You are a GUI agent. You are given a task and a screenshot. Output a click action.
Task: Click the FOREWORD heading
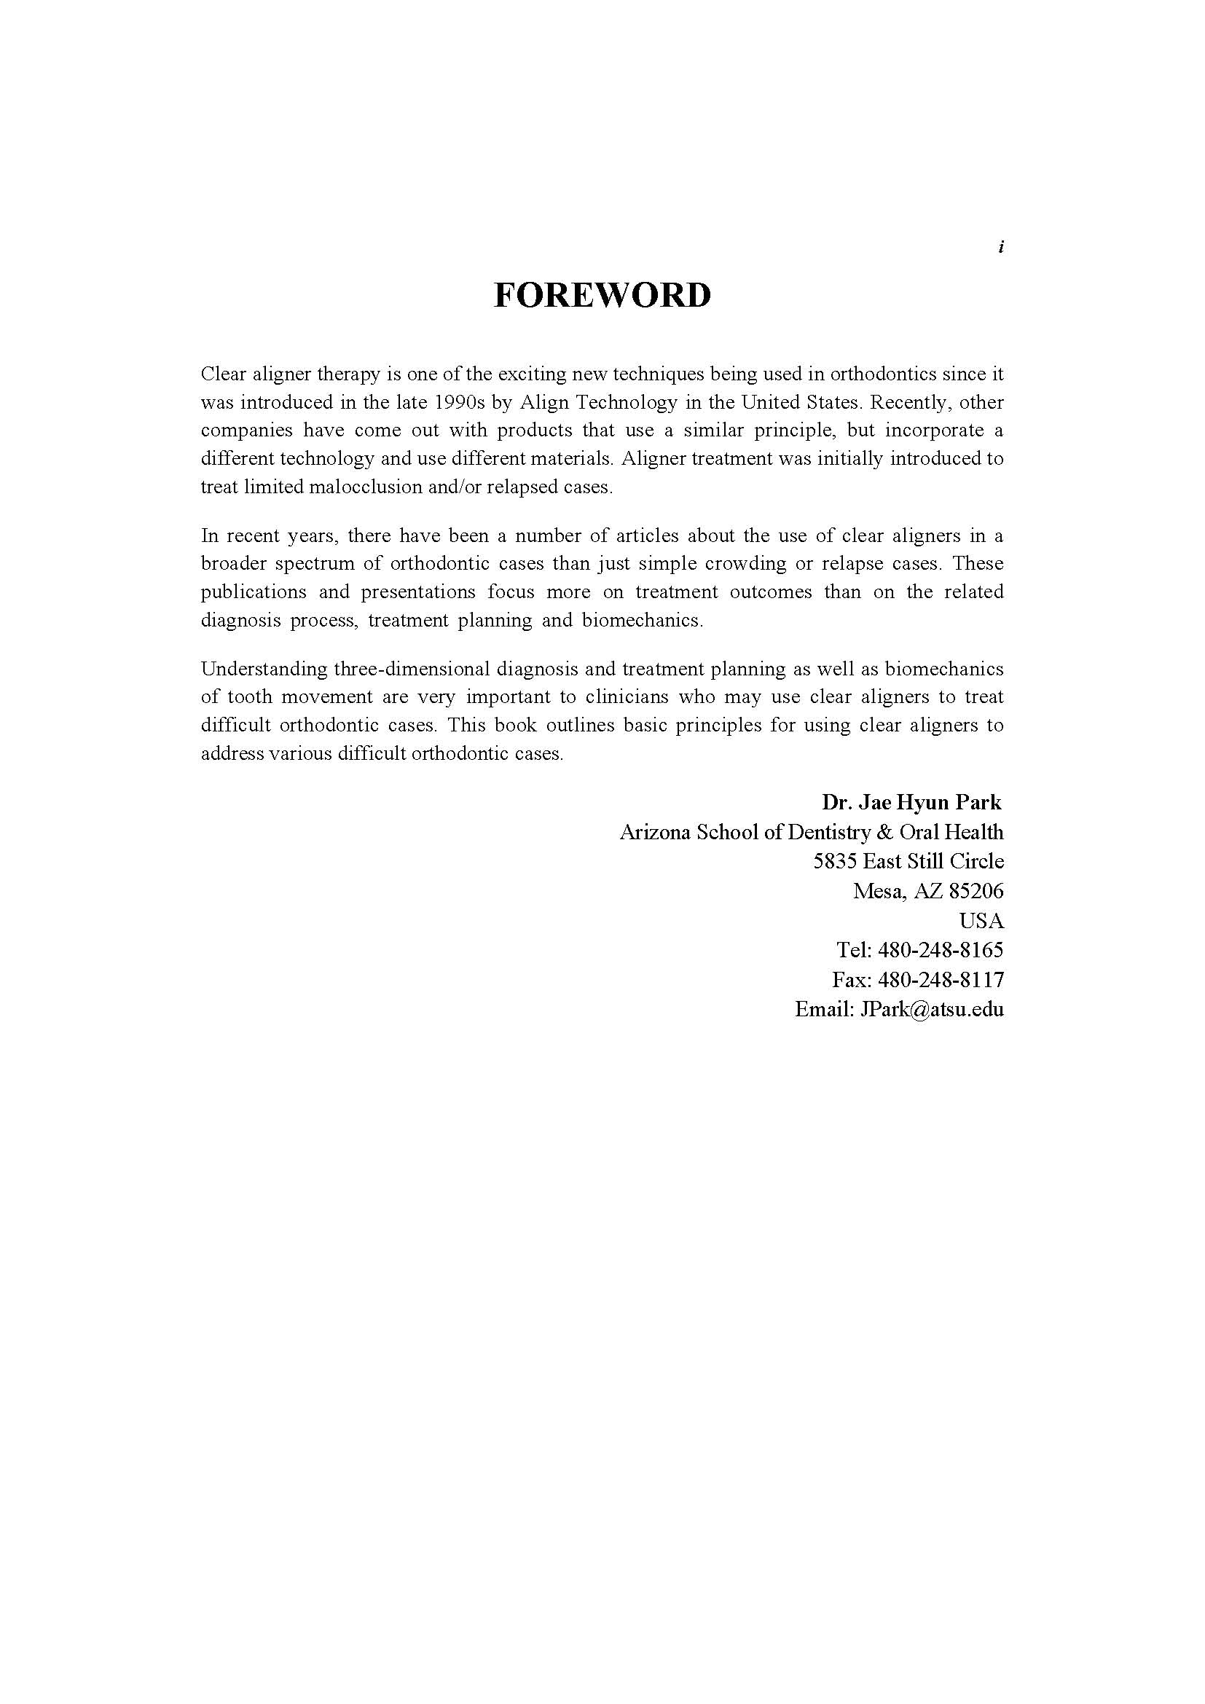tap(602, 295)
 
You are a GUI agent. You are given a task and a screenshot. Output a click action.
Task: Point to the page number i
tap(1001, 247)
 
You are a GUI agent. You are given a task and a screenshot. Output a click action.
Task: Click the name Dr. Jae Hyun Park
tap(911, 802)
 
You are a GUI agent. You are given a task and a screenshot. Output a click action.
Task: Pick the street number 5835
tap(836, 862)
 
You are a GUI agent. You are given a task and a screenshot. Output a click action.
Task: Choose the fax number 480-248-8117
tap(940, 981)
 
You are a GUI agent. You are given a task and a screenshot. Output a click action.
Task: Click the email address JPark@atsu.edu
tap(931, 1010)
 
